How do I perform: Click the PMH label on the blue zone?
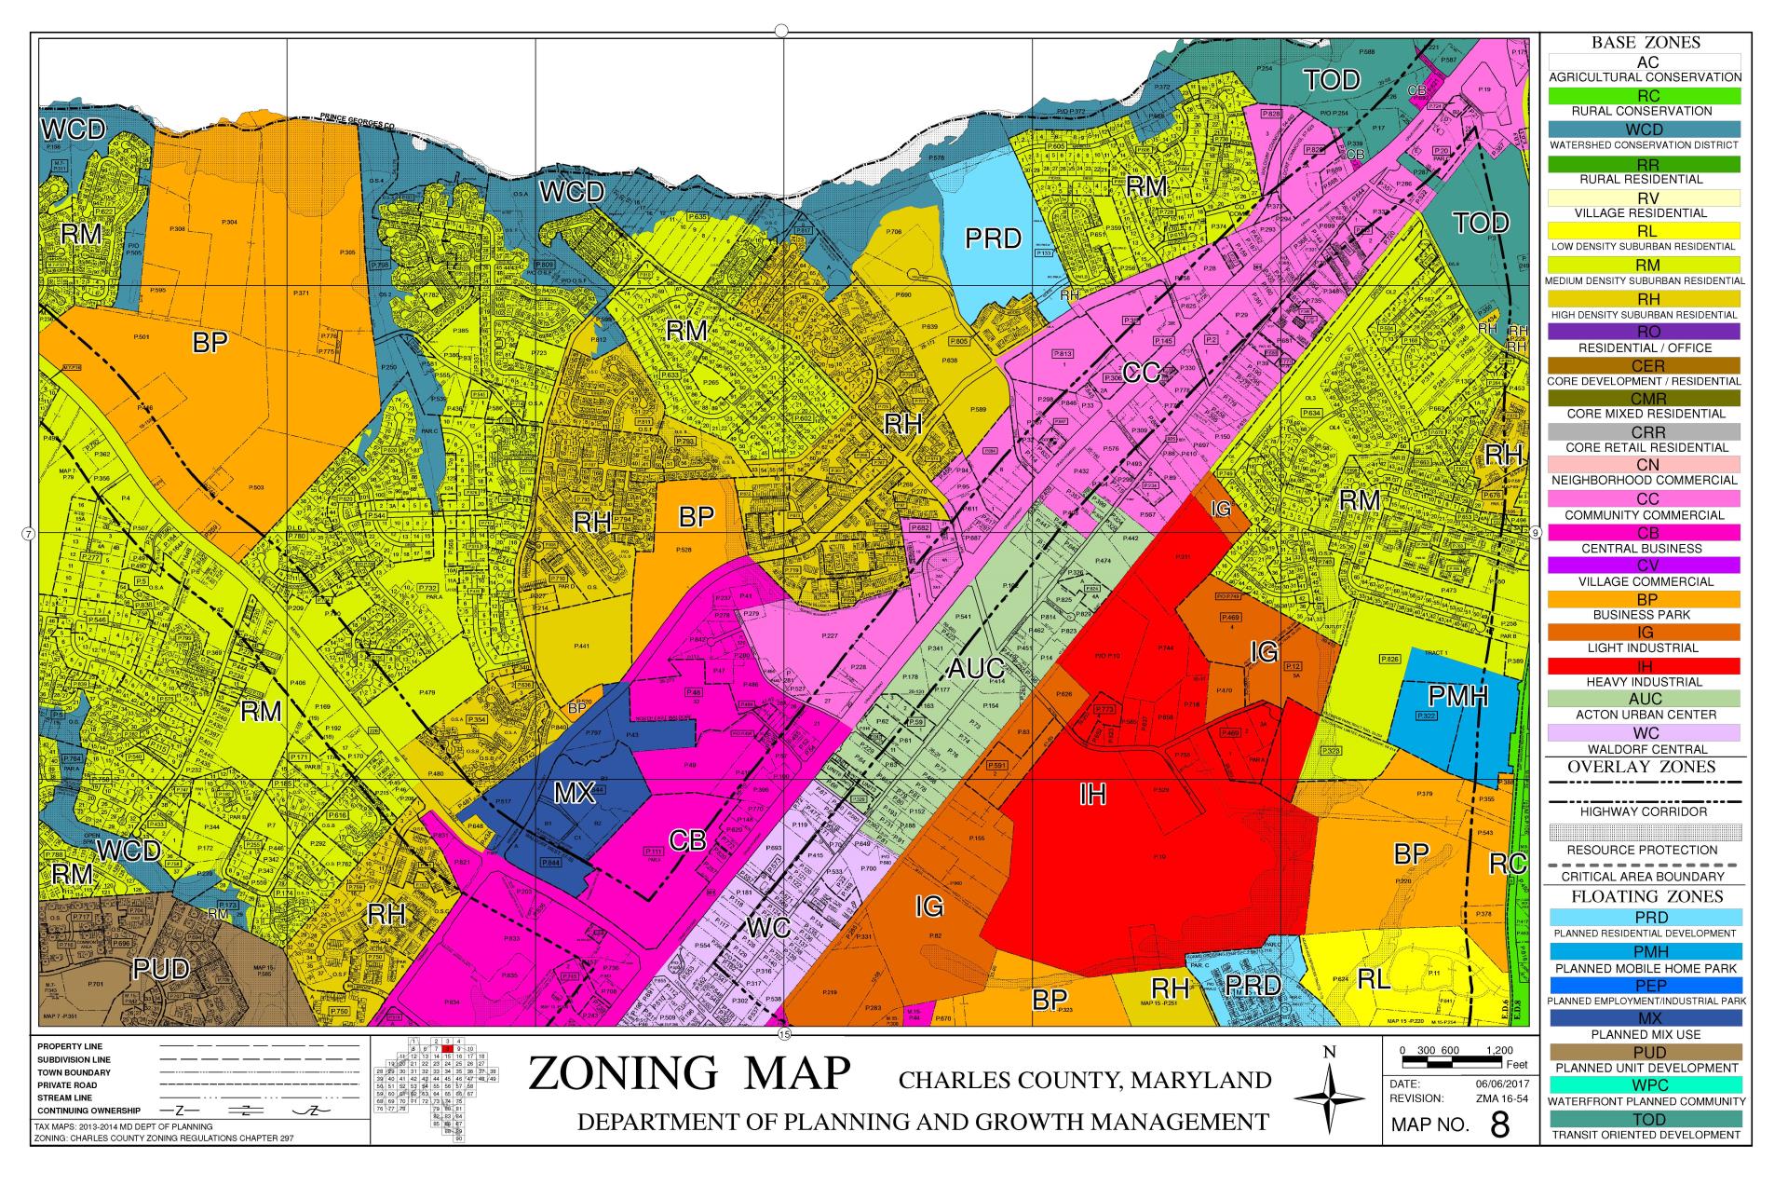click(1458, 696)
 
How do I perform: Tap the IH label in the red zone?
click(1092, 794)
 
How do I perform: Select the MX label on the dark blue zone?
click(574, 793)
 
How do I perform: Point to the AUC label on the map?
click(976, 668)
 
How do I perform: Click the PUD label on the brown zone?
click(160, 969)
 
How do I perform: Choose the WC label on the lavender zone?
click(768, 927)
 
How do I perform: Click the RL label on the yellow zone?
click(1374, 979)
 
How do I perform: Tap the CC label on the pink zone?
click(1141, 373)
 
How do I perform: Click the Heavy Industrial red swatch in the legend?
click(1645, 666)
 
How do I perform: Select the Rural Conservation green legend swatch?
click(1645, 96)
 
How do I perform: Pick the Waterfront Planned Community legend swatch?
click(1645, 1085)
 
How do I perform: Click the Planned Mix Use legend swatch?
click(1645, 1018)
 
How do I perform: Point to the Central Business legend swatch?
click(1645, 532)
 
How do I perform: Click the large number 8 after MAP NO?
click(1499, 1125)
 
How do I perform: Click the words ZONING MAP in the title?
click(689, 1073)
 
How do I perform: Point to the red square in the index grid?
click(447, 1049)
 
